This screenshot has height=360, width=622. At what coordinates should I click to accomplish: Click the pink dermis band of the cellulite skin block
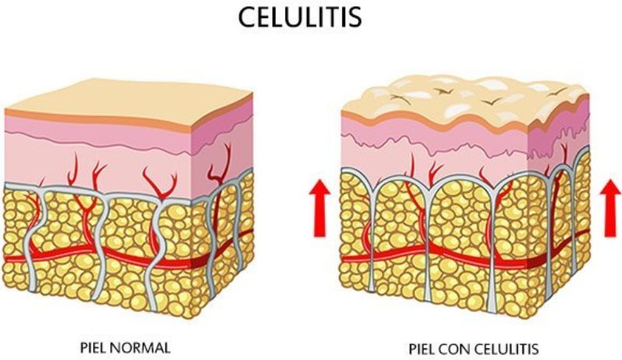point(435,148)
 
